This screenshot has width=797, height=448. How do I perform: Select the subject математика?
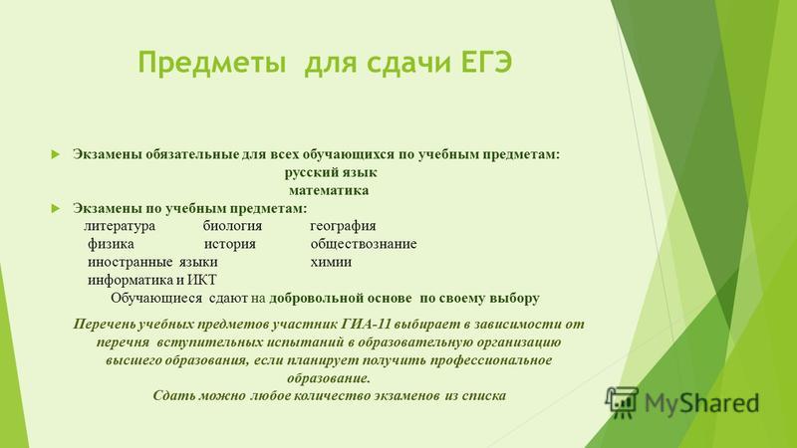click(x=329, y=190)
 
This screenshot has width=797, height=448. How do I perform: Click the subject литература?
click(x=120, y=226)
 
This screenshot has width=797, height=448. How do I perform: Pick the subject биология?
click(x=232, y=226)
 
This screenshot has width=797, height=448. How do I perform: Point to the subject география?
click(x=343, y=226)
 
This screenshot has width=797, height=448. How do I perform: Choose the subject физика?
click(x=111, y=244)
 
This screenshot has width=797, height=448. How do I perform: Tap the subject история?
click(x=230, y=244)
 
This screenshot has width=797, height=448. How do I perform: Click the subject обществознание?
click(x=364, y=244)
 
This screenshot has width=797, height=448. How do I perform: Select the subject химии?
click(x=331, y=262)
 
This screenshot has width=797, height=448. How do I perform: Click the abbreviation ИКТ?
click(x=202, y=280)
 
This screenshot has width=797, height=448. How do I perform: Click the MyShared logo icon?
click(x=621, y=402)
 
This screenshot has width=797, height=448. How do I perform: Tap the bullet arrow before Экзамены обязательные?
click(x=56, y=154)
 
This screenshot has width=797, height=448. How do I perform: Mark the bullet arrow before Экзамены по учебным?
click(x=56, y=208)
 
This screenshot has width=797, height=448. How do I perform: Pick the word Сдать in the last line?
click(x=173, y=395)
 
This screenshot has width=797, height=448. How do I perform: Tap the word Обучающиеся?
click(x=156, y=298)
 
